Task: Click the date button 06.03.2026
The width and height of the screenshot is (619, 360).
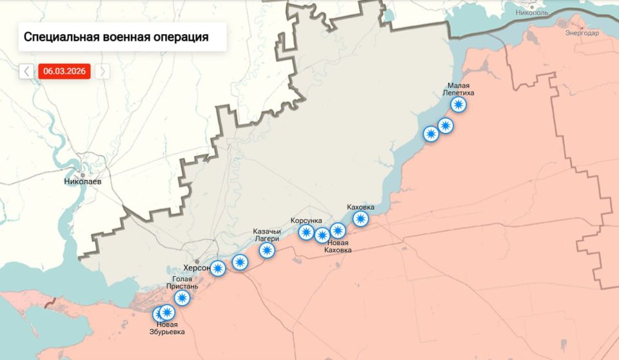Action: pyautogui.click(x=64, y=71)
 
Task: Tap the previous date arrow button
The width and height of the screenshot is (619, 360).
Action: pyautogui.click(x=26, y=71)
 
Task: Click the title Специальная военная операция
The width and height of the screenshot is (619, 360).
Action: pyautogui.click(x=116, y=37)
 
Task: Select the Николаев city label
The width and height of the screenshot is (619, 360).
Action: pyautogui.click(x=83, y=181)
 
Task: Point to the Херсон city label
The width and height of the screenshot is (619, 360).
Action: pyautogui.click(x=197, y=268)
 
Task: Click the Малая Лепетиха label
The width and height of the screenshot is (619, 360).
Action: pyautogui.click(x=458, y=89)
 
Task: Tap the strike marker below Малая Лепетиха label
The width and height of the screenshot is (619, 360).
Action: pyautogui.click(x=458, y=105)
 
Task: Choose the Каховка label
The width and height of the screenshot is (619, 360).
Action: pyautogui.click(x=360, y=207)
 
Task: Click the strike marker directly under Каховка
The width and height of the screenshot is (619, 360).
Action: pyautogui.click(x=360, y=219)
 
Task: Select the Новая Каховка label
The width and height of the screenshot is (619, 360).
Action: pyautogui.click(x=338, y=246)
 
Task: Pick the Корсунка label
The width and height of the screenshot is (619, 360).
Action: pyautogui.click(x=306, y=220)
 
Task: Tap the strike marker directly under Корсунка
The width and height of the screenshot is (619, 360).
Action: pyautogui.click(x=306, y=232)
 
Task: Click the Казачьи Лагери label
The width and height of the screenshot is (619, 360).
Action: pyautogui.click(x=267, y=235)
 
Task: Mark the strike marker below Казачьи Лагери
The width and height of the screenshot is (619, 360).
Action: pyautogui.click(x=267, y=250)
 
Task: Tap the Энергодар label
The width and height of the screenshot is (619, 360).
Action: pyautogui.click(x=582, y=33)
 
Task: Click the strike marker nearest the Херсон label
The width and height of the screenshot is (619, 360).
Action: pyautogui.click(x=218, y=268)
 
